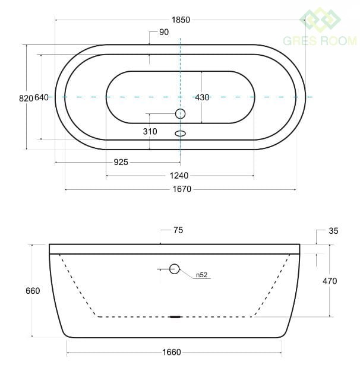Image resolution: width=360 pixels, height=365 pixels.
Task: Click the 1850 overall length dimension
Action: pos(181,20)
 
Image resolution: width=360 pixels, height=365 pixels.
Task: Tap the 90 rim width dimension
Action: pos(164,32)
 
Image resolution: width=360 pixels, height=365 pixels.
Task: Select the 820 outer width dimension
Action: pos(26,99)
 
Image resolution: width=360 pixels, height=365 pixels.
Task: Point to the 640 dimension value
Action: pos(42,97)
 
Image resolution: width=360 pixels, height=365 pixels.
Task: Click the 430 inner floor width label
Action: pos(202,97)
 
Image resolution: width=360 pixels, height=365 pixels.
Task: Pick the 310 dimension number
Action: pos(150,132)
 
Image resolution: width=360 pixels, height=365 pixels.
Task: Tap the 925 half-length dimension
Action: pos(121,162)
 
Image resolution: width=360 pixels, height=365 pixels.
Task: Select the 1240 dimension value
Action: pos(179,176)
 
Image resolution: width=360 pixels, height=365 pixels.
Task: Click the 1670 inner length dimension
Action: pos(182,189)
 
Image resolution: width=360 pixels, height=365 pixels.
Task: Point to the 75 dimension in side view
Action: pos(178,230)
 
